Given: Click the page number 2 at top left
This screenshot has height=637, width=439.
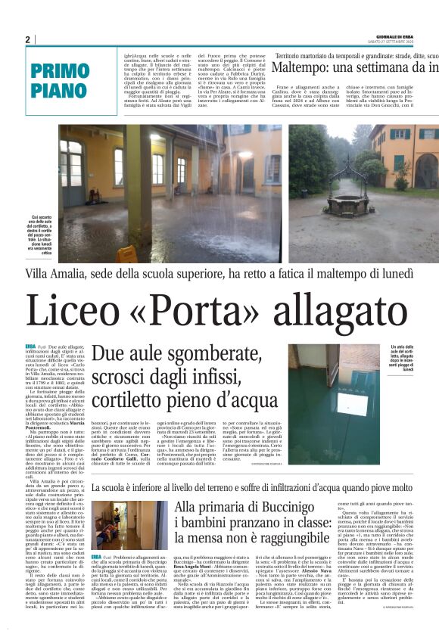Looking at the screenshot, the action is [x=28, y=39].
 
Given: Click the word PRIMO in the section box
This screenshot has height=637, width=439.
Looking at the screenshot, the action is [x=61, y=72].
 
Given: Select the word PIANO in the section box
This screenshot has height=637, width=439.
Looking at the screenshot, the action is [x=61, y=92].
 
